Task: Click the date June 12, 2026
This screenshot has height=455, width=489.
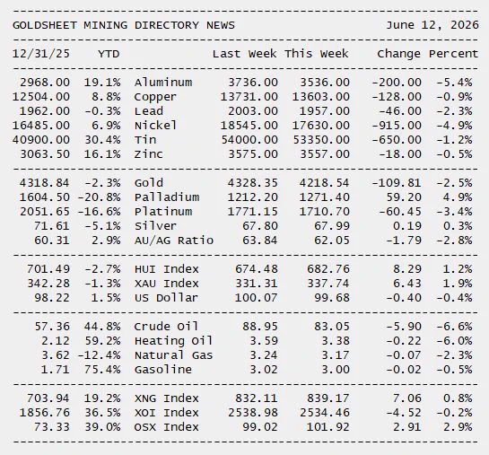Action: pyautogui.click(x=432, y=25)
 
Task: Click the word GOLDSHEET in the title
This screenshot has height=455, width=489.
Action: pyautogui.click(x=45, y=25)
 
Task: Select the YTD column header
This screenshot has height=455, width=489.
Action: pyautogui.click(x=109, y=54)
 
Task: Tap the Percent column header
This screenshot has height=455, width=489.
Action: pyautogui.click(x=453, y=54)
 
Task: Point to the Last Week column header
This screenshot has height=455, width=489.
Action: pyautogui.click(x=244, y=54)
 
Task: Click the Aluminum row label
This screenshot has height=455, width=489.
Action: pyautogui.click(x=163, y=83)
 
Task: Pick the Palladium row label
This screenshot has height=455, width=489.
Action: pyautogui.click(x=167, y=197)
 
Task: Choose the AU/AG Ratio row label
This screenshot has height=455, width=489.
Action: pyautogui.click(x=174, y=241)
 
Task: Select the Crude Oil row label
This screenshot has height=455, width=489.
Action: pyautogui.click(x=166, y=327)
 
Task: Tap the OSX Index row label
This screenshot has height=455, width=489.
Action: pyautogui.click(x=167, y=427)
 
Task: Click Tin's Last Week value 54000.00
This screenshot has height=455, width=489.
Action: pyautogui.click(x=249, y=140)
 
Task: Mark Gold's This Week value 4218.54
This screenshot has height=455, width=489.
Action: pyautogui.click(x=324, y=183)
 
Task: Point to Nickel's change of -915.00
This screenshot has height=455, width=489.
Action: pyautogui.click(x=397, y=126)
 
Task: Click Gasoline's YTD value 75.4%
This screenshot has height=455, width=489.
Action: pyautogui.click(x=102, y=370)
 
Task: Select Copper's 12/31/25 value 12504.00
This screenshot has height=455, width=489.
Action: pyautogui.click(x=41, y=97)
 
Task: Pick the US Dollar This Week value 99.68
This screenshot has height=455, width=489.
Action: pyautogui.click(x=332, y=298)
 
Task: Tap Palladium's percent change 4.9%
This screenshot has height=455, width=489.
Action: pyautogui.click(x=458, y=197)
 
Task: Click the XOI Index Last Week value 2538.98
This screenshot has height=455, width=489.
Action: pyautogui.click(x=253, y=413)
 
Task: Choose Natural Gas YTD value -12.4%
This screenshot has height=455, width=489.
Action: pyautogui.click(x=100, y=355)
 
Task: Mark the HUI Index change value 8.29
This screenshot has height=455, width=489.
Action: pyautogui.click(x=407, y=269)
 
